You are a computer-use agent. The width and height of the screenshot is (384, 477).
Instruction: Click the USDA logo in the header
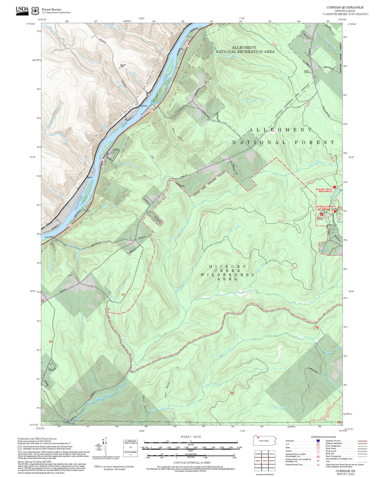(22, 11)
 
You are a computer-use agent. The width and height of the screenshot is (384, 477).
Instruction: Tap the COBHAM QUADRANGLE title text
(345, 7)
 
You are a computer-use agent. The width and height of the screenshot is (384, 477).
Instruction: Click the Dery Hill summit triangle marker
(120, 68)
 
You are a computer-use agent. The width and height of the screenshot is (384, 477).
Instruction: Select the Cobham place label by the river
(144, 106)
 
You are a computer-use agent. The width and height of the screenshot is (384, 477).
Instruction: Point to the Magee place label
(90, 177)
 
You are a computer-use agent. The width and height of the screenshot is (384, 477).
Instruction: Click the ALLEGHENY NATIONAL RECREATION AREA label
(244, 49)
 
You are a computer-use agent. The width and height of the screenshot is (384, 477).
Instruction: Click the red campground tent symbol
(322, 214)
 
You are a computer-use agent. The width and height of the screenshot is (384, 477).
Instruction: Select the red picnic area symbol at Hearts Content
(335, 211)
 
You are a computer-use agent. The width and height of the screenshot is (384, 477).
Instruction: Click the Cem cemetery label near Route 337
(71, 275)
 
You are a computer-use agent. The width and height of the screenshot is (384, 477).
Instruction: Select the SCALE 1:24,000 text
(191, 437)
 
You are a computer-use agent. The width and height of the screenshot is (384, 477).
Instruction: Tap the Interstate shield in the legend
(318, 441)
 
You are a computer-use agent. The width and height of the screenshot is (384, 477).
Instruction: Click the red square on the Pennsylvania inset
(258, 437)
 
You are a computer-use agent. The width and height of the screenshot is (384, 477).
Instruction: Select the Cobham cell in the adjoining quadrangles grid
(265, 461)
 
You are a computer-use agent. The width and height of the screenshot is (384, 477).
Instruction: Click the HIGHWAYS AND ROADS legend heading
(323, 437)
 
